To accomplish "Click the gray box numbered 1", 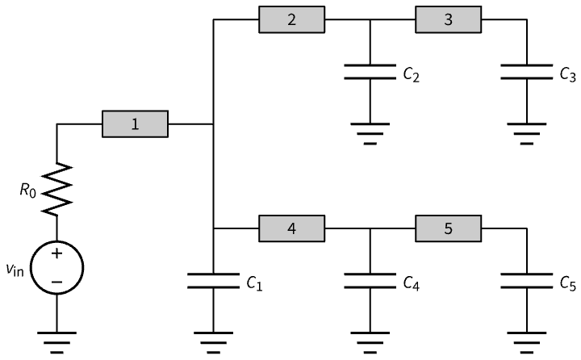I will pos(135,124).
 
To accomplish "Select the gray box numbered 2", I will pos(291,19).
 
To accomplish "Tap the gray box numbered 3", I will pos(448,19).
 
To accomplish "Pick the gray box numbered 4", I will pos(291,229).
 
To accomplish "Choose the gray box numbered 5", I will pos(448,229).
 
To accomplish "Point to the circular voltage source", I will pos(56,267).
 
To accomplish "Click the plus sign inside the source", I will pos(56,253).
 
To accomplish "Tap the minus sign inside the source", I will pos(56,281).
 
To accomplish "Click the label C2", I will pos(411,75).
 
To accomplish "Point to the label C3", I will pos(567,75).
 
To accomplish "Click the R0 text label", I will pos(29,191).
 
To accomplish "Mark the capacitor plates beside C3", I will pos(526,71).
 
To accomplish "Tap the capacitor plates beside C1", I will pos(213,281).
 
